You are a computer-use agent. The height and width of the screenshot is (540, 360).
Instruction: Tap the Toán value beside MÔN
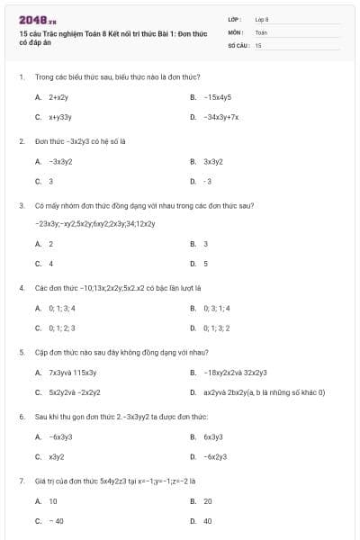point(261,31)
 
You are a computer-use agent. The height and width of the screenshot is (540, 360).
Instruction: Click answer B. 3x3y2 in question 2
point(212,161)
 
